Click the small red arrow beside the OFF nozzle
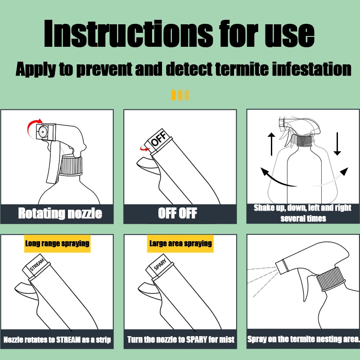(144, 148)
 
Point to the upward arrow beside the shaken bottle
(271, 144)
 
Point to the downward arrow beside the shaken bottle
(337, 144)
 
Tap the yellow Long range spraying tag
(58, 243)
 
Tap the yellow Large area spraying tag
(180, 243)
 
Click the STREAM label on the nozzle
(37, 264)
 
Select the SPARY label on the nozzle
(160, 265)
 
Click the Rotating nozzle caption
(60, 213)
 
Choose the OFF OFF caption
(177, 213)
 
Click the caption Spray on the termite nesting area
(303, 339)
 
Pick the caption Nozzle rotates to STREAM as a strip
(57, 340)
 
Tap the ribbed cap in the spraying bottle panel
(331, 279)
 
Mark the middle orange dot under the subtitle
(180, 95)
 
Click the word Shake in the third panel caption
(262, 208)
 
